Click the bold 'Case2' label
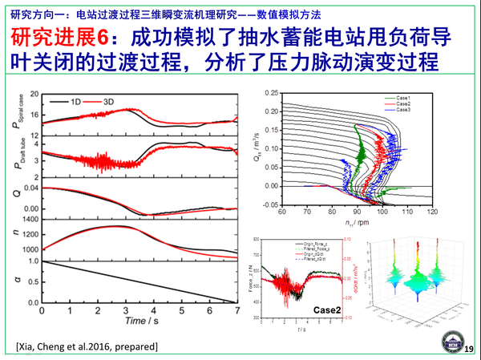[326, 310]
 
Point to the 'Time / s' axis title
[141, 321]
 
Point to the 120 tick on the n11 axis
[433, 213]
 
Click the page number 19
[468, 346]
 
